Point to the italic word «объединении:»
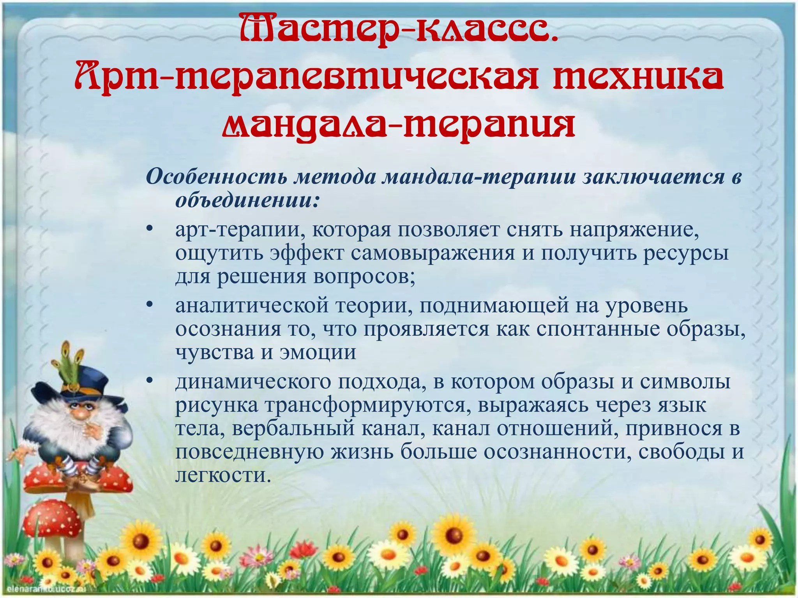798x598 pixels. click(247, 201)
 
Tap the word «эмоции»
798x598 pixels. click(317, 352)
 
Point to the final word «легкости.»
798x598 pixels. click(222, 475)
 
